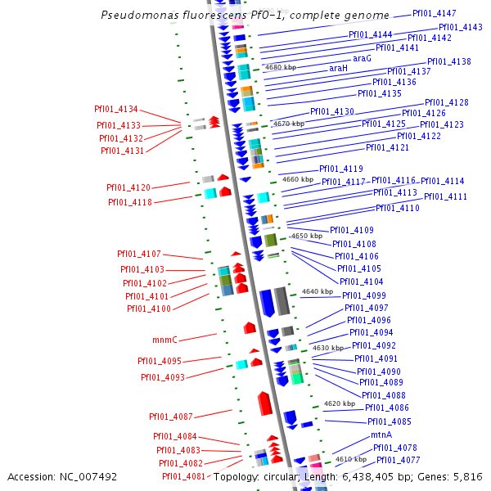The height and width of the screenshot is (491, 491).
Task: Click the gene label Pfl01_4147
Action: pos(434,13)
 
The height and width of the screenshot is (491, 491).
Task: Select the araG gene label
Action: pos(362,59)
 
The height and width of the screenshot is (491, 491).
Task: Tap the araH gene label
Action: pos(338,68)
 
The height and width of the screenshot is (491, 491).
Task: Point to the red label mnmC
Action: pos(164,340)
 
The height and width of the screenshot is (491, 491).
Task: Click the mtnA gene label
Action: pos(381,435)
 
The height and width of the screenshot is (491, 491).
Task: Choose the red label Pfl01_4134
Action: pos(116,109)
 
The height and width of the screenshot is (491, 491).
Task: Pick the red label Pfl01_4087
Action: pos(171,417)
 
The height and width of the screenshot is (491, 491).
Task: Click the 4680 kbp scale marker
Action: pos(281,67)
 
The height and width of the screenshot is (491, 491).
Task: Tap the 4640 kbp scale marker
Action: pos(318,291)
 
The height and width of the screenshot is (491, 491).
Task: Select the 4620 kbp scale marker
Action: pos(340,403)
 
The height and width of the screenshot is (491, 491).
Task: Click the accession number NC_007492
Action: pos(88,477)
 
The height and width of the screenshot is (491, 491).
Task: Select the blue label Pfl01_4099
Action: pos(364,295)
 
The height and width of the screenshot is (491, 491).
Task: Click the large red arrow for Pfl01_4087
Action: pos(264,403)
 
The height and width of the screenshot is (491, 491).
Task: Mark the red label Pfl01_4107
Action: pos(139,254)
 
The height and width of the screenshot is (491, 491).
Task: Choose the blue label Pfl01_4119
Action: pos(341,169)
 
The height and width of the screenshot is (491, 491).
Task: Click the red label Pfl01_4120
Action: pos(128,187)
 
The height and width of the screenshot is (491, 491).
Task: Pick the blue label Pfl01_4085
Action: pos(390,421)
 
